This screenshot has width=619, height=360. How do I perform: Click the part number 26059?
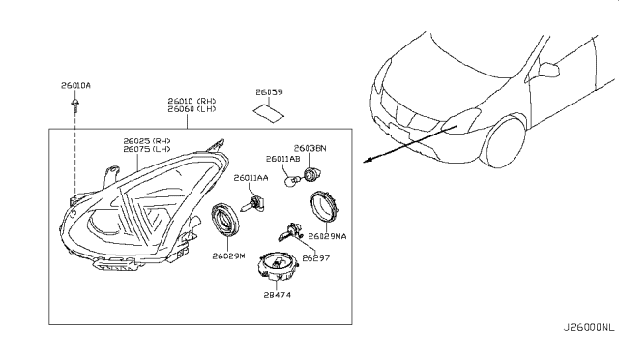pos(269,92)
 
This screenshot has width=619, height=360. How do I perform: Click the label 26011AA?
pos(251,179)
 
